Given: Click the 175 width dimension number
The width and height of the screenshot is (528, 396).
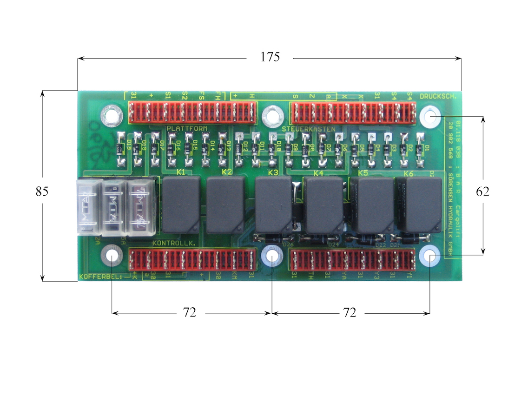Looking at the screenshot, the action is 270,57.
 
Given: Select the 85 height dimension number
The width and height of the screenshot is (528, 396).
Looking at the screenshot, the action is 42,191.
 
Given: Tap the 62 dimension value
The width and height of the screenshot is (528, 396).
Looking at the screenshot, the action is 483,191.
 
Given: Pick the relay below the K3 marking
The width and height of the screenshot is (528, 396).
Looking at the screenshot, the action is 274,205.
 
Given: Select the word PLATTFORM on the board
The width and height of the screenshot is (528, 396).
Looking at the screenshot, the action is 187,128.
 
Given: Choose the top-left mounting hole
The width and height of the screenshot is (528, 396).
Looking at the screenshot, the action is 112,115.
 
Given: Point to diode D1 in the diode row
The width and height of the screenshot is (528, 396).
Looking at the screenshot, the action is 420,149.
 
